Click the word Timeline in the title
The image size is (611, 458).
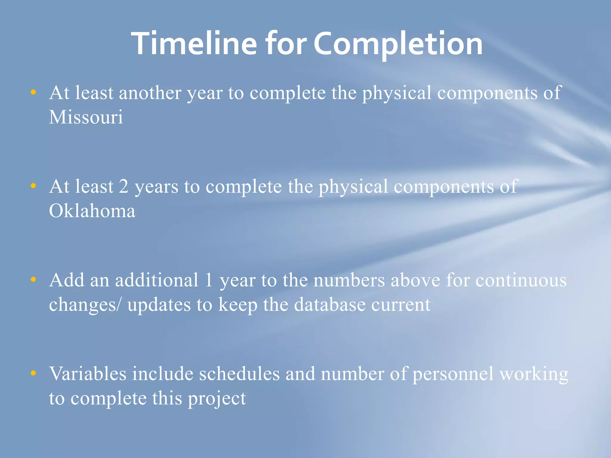click(x=194, y=44)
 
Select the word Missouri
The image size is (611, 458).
click(x=86, y=117)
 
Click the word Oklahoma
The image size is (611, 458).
click(x=92, y=211)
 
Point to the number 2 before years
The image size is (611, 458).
click(x=124, y=186)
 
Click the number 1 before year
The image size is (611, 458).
click(x=209, y=280)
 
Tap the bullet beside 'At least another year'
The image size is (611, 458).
click(x=33, y=92)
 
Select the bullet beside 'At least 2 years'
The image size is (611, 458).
click(x=33, y=186)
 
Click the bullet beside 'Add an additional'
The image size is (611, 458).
click(x=33, y=279)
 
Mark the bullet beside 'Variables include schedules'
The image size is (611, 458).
click(x=33, y=373)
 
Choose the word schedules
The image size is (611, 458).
click(x=239, y=374)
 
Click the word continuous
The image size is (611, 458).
click(x=521, y=280)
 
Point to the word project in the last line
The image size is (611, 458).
click(x=217, y=399)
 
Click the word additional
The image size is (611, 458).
click(x=157, y=280)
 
